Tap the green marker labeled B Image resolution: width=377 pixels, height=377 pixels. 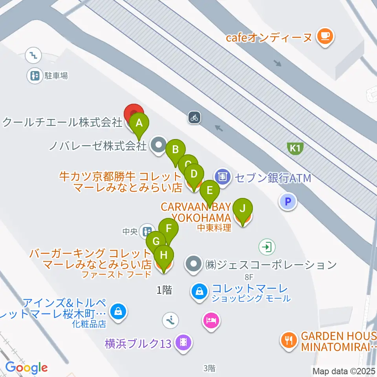176,150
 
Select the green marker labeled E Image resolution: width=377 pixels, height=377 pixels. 209,191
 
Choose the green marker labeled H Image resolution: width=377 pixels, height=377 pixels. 164,255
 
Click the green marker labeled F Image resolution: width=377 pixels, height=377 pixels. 168,228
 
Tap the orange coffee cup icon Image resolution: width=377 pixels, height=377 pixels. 325,36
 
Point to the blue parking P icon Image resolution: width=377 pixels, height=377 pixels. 288,202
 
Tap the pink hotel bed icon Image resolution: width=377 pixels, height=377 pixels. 211,320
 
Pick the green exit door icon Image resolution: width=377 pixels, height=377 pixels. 267,247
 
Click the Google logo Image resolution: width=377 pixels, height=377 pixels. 27,368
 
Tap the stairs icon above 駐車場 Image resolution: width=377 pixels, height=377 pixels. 33,55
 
